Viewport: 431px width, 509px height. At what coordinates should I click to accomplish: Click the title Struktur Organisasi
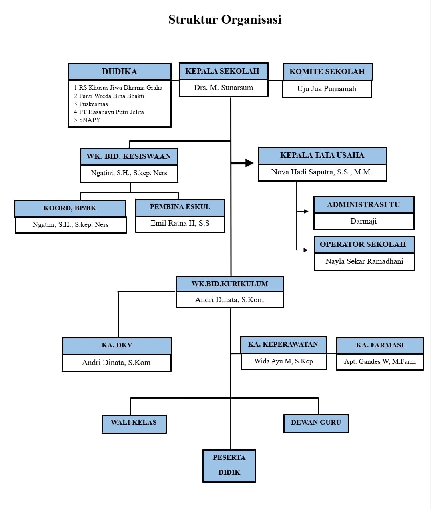pyautogui.click(x=225, y=20)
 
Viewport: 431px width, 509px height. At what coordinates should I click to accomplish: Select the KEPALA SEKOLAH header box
pyautogui.click(x=223, y=71)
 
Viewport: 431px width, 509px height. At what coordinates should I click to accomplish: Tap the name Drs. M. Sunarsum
pyautogui.click(x=223, y=88)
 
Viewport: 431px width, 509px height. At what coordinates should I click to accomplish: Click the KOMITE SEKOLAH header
pyautogui.click(x=328, y=72)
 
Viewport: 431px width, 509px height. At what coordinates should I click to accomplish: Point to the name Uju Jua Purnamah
pyautogui.click(x=327, y=89)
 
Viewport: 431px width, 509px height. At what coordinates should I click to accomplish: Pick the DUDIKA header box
pyautogui.click(x=119, y=71)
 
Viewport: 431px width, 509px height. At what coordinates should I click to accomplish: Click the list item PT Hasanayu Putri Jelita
pyautogui.click(x=109, y=112)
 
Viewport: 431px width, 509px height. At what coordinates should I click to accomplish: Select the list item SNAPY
pyautogui.click(x=87, y=120)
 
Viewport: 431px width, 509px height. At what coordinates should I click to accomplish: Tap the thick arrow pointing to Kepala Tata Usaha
pyautogui.click(x=242, y=163)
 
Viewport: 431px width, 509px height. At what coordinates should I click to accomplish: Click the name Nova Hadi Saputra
pyautogui.click(x=322, y=172)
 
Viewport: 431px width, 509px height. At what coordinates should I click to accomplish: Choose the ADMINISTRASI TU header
pyautogui.click(x=364, y=205)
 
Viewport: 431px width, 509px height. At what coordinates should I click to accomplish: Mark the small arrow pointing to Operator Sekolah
pyautogui.click(x=302, y=250)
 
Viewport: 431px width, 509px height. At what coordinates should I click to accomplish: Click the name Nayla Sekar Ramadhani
pyautogui.click(x=364, y=261)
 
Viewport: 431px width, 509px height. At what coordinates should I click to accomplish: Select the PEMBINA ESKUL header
pyautogui.click(x=180, y=207)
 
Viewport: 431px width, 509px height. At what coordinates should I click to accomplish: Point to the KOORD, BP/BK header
pyautogui.click(x=70, y=209)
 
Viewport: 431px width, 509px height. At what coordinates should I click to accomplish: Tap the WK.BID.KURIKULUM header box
pyautogui.click(x=230, y=284)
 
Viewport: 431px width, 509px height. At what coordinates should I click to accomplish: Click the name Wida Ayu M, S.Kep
pyautogui.click(x=283, y=361)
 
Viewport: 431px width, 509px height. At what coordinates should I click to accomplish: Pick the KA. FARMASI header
pyautogui.click(x=380, y=345)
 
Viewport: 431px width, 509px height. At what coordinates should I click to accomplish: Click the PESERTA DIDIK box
pyautogui.click(x=229, y=466)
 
